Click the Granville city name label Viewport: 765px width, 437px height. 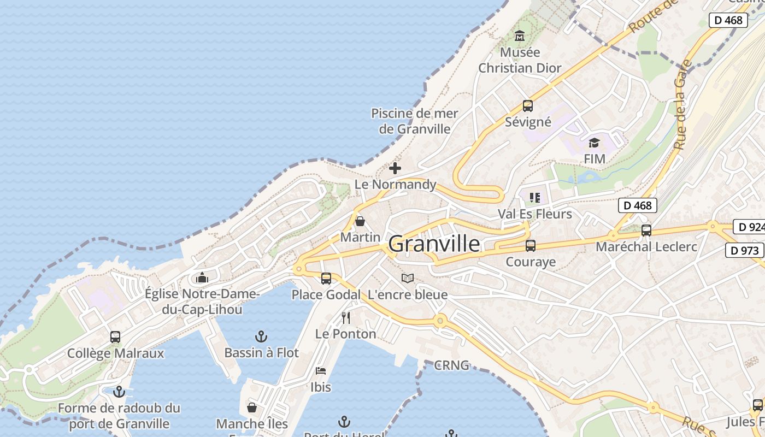(x=434, y=244)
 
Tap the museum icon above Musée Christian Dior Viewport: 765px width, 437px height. (x=519, y=36)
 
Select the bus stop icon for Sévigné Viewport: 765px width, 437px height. (x=527, y=106)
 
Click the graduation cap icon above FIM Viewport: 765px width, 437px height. (x=594, y=143)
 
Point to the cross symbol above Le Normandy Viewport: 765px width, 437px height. (x=395, y=168)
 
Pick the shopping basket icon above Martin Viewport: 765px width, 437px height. (x=360, y=221)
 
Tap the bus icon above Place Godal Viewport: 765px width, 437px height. (x=326, y=279)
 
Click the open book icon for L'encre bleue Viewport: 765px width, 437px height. (x=407, y=279)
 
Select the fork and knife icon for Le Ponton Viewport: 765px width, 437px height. (x=345, y=318)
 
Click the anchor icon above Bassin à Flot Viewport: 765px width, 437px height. (x=261, y=336)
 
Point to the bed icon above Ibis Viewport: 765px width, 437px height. (x=321, y=371)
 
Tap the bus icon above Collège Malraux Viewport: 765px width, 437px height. (x=115, y=337)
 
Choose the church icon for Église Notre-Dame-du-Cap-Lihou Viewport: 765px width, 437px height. (x=202, y=277)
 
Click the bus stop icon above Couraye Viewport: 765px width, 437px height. (x=530, y=246)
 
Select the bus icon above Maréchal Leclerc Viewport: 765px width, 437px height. (x=646, y=231)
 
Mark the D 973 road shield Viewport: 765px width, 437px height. (x=744, y=250)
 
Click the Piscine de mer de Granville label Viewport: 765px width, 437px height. (x=415, y=121)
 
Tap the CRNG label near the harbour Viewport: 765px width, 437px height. (x=451, y=365)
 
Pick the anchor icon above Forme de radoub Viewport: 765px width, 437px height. (x=119, y=392)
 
